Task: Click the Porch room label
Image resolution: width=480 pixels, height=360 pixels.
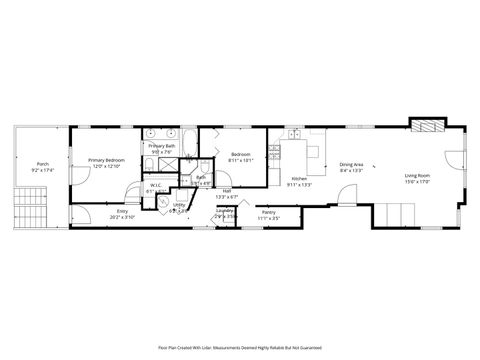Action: [42, 164]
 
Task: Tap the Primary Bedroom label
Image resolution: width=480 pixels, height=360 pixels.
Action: [106, 160]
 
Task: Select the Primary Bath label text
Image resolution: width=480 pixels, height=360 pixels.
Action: [162, 147]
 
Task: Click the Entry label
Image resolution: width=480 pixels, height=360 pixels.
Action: [122, 211]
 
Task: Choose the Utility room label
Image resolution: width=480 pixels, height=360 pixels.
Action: [180, 206]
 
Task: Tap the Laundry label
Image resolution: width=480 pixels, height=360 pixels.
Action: [225, 210]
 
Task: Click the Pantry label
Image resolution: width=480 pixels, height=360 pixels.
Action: [268, 212]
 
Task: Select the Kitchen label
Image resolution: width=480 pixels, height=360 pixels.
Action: [299, 178]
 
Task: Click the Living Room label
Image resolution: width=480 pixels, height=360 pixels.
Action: [418, 175]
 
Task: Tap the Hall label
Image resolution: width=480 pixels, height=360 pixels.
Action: [227, 191]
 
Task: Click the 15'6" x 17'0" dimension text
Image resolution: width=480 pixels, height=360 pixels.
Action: [418, 182]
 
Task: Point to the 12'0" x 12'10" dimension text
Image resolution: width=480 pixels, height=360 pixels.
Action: [106, 166]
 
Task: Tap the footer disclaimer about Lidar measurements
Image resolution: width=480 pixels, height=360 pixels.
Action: [240, 347]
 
